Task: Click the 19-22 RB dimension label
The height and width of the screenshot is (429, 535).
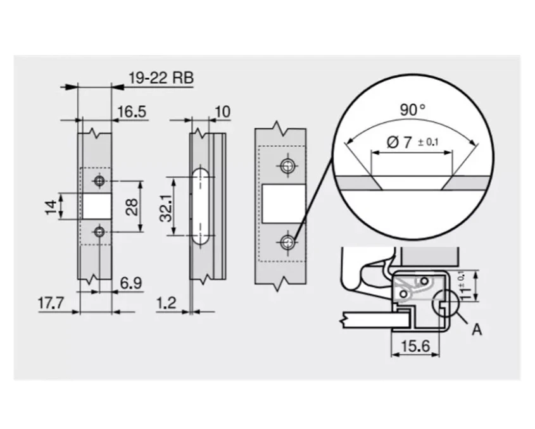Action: pos(161,78)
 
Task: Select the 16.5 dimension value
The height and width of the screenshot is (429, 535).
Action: pos(132,111)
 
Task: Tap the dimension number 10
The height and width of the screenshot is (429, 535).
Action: pos(223,111)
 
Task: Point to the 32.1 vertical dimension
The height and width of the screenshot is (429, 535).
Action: pos(166,208)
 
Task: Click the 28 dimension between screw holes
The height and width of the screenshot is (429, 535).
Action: pos(132,207)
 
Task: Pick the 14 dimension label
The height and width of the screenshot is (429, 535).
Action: pos(51,207)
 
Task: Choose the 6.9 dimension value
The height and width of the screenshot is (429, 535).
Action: pos(131,283)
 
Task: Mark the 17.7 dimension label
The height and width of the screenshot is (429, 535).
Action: pos(51,303)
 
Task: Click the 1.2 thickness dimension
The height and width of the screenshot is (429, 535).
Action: pos(167,303)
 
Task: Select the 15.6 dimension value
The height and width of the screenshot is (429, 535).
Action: pos(415,346)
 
